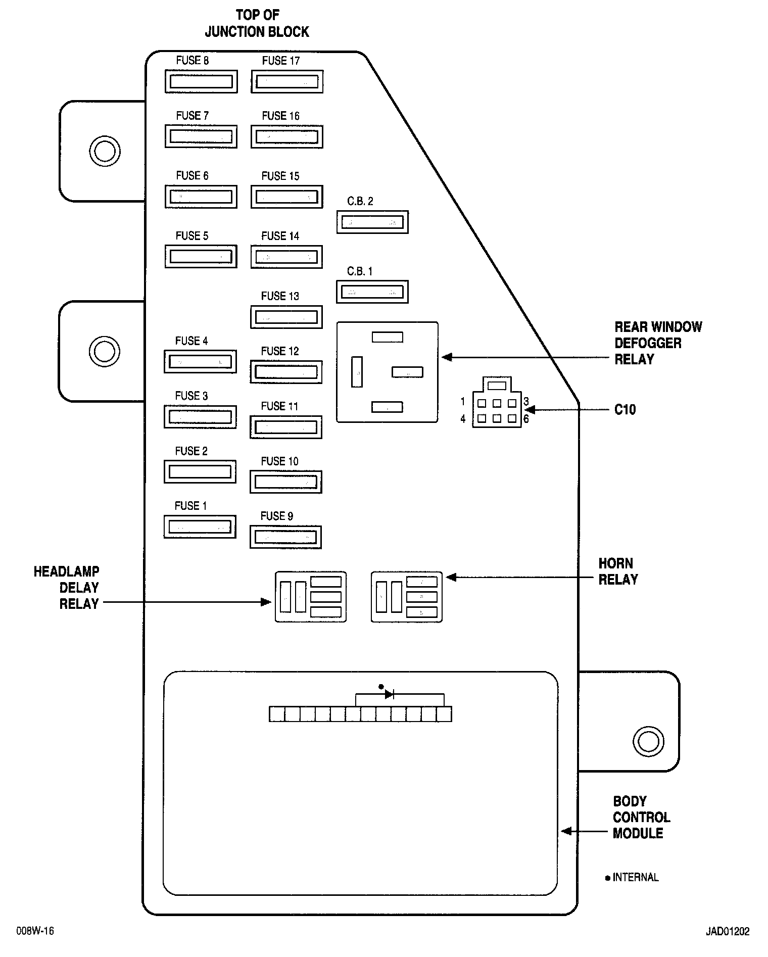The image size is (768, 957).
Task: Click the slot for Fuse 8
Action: coord(201,81)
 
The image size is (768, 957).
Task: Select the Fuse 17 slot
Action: coord(287,81)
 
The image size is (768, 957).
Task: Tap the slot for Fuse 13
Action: coord(286,317)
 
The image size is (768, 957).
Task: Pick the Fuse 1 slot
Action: coord(200,527)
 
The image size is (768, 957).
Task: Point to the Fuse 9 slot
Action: coord(285,537)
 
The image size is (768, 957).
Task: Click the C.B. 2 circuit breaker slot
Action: coord(372,222)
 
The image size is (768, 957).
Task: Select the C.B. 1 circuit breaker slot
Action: coord(372,292)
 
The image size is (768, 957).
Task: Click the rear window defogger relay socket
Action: coord(388,372)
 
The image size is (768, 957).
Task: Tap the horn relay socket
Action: coord(407,597)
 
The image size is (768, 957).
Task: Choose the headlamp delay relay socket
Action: coord(311,597)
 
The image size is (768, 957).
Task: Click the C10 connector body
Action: coord(497,402)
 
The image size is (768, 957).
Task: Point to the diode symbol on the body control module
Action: coord(389,694)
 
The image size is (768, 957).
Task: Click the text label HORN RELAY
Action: coord(618,571)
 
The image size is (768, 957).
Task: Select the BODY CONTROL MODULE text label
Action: coord(641,818)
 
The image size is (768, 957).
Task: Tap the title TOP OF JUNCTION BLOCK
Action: coord(257,23)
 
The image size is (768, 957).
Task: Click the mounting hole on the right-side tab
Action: coord(648,742)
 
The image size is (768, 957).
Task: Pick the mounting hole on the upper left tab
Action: coord(105,151)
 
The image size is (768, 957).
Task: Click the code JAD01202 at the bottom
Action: coord(728,931)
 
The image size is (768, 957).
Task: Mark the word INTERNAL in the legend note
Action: coord(636,878)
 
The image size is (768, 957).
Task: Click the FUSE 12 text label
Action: coord(280,351)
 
